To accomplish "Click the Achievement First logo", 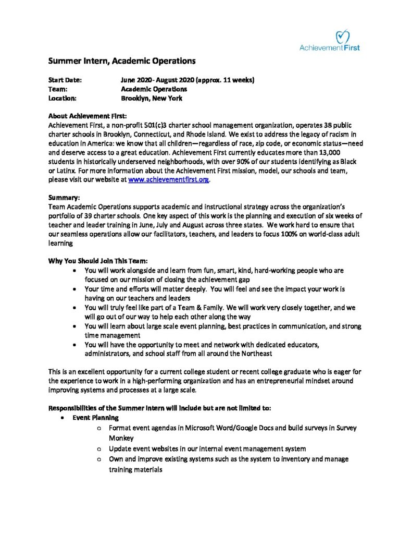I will coord(329,40).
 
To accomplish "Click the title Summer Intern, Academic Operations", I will coord(122,61).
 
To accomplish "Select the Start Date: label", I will coord(65,80).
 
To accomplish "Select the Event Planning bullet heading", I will coord(97,418).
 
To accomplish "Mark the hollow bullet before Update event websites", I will coord(99,448).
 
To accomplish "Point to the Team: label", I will coord(58,89).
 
